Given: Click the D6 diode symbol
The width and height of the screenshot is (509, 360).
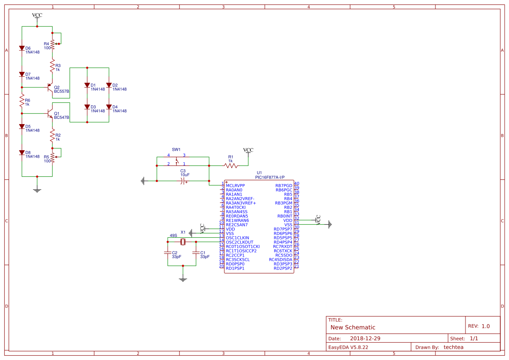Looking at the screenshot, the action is click(x=22, y=48).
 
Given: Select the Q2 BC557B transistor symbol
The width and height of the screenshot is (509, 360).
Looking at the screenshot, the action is click(x=50, y=87).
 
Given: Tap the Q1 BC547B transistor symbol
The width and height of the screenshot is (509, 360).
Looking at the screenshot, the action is click(x=50, y=113).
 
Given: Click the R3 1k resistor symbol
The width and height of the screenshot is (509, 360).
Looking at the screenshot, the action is click(x=52, y=66).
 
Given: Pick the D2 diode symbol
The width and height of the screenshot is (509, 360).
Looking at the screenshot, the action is click(x=109, y=85).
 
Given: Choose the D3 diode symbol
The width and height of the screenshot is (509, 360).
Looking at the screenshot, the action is click(x=87, y=107).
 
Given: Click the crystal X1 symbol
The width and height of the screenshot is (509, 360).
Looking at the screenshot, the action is click(x=183, y=242).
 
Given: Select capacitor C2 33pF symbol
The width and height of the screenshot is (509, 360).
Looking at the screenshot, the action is click(x=168, y=252).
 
